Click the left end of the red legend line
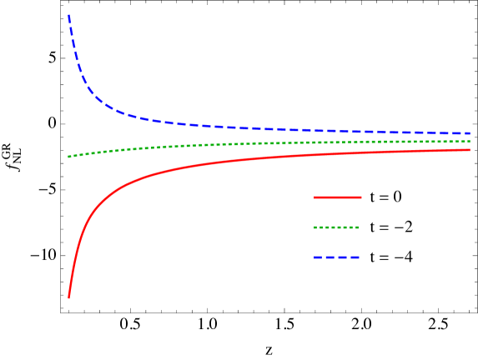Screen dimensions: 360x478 point(314,197)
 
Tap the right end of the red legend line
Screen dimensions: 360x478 point(361,197)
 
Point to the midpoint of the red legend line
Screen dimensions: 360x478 point(338,197)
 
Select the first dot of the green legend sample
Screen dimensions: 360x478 point(315,227)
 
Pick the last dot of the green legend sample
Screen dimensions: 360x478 point(356,227)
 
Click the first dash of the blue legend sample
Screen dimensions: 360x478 point(318,257)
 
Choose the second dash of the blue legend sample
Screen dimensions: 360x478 point(330,257)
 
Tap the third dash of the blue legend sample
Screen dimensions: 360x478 point(342,257)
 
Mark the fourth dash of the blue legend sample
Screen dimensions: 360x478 point(355,257)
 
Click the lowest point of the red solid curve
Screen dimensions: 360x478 point(68,297)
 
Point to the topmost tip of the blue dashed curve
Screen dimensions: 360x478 point(68,15)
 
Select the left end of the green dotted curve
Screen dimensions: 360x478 point(69,157)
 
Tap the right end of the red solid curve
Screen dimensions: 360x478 point(470,149)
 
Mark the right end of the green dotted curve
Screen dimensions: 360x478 point(470,141)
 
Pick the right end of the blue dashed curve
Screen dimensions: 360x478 point(470,132)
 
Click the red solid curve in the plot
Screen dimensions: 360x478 point(209,163)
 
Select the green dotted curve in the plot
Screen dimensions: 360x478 point(209,145)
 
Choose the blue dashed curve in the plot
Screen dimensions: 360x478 point(209,125)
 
